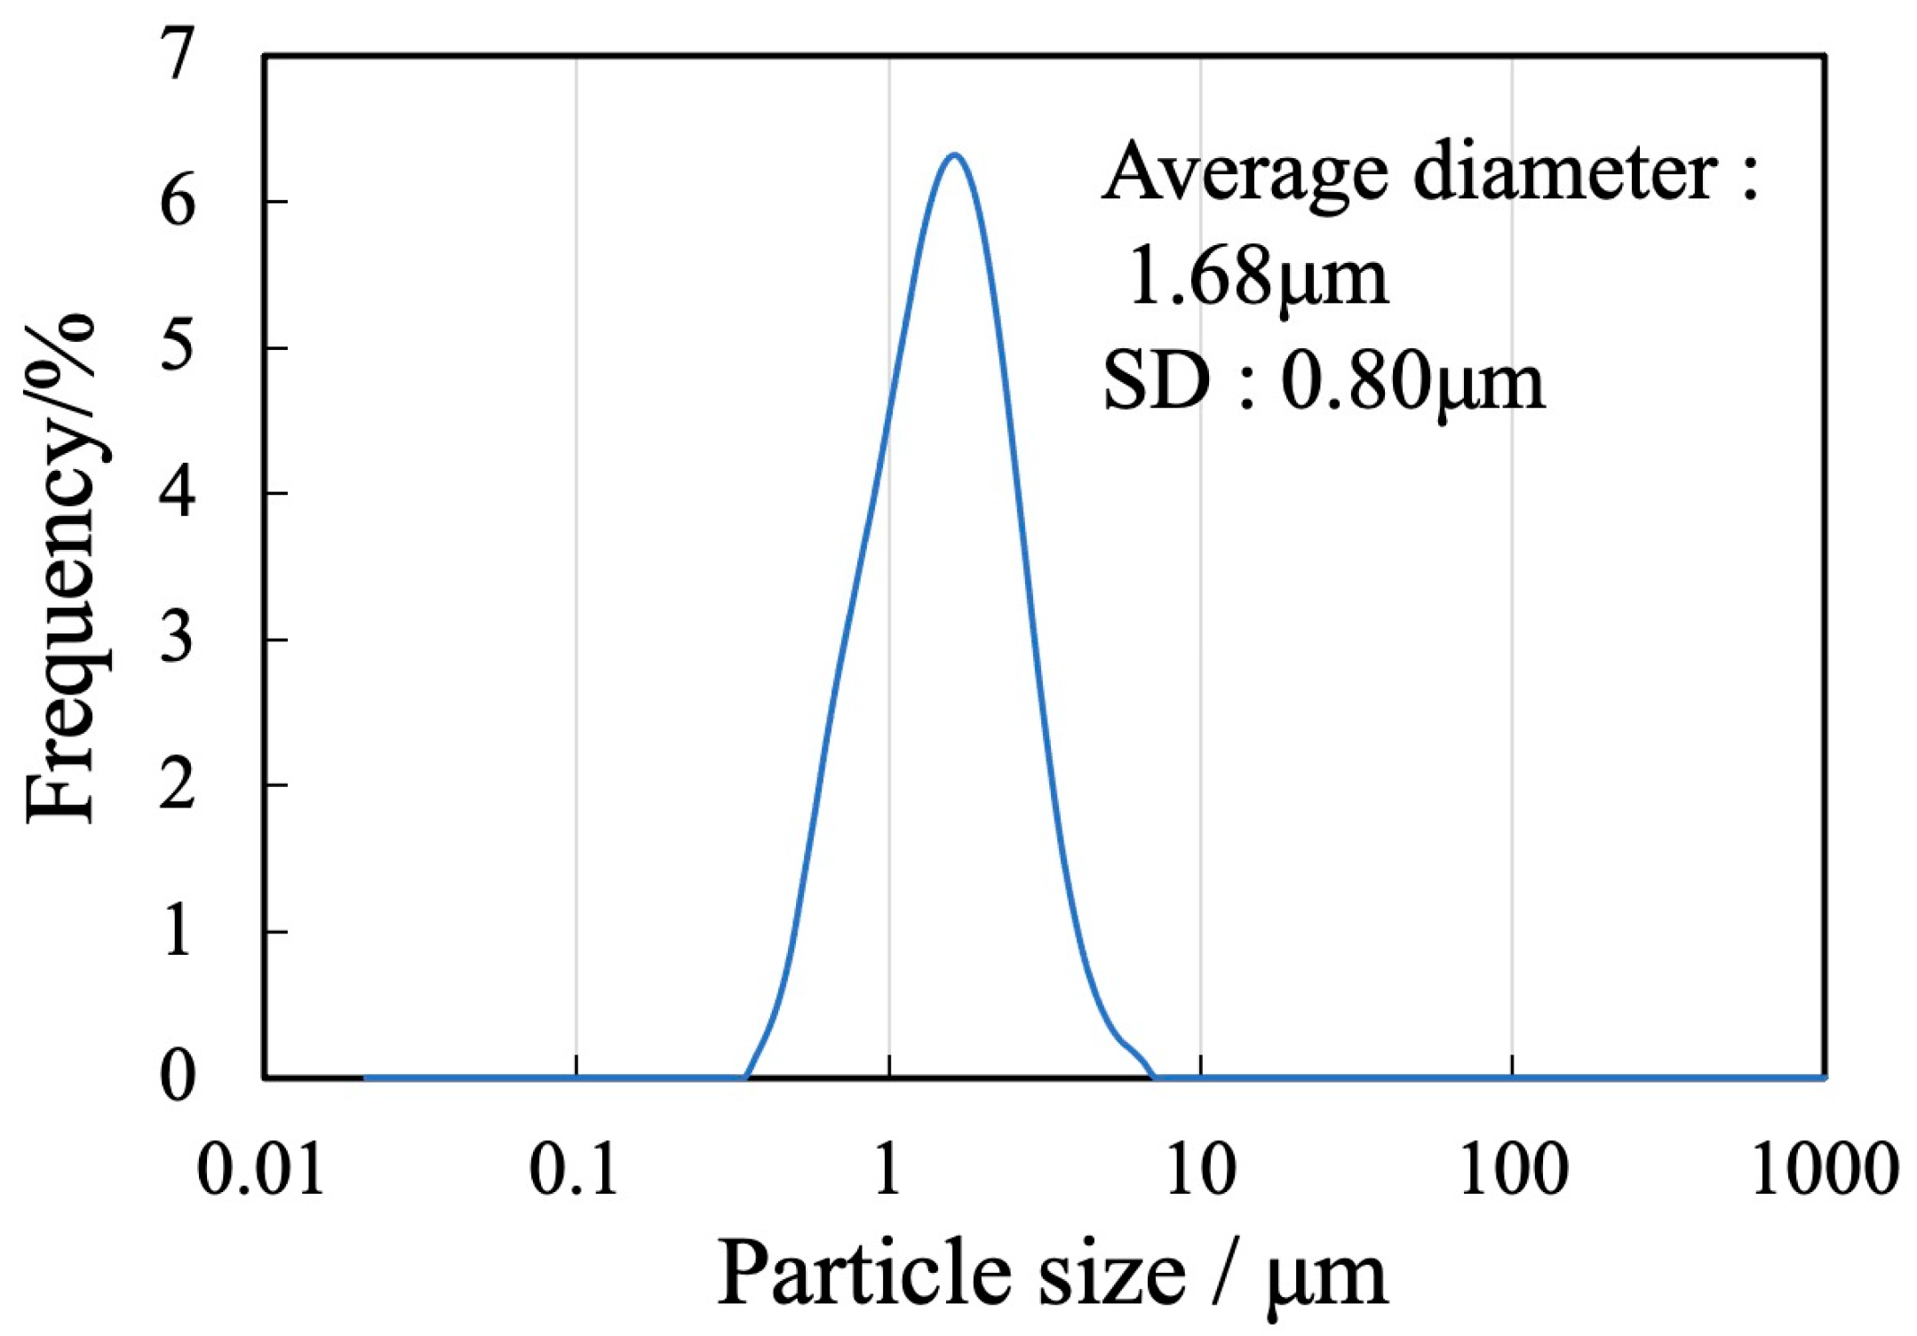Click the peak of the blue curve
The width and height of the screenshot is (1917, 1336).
coord(954,156)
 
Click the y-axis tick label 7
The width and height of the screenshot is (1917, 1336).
coord(178,55)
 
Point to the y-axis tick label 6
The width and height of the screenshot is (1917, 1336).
coord(178,202)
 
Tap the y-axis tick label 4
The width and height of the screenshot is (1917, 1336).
coord(178,493)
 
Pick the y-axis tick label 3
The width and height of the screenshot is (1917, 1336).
coord(178,639)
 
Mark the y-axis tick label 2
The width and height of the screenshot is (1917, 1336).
coord(178,785)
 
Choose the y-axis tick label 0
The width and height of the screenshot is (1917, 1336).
coord(178,1077)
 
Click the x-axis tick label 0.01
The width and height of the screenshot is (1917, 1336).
coord(260,1170)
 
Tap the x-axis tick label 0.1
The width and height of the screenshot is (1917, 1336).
coord(574,1170)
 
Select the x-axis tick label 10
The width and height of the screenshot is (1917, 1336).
coord(1201,1170)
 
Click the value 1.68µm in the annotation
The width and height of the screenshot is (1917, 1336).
coord(1256,277)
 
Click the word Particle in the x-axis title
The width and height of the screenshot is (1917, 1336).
coord(862,1276)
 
